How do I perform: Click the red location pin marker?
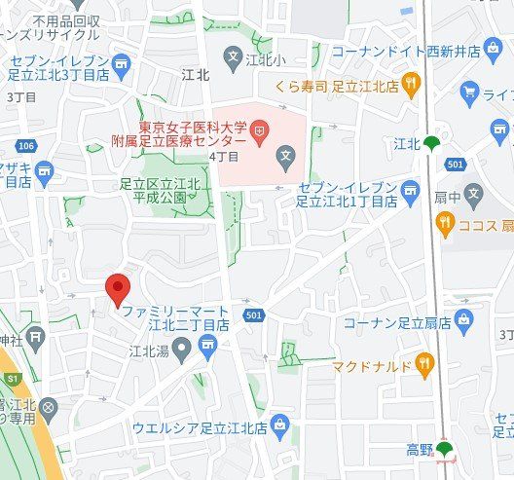[x=118, y=289]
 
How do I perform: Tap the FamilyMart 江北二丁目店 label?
[x=175, y=316]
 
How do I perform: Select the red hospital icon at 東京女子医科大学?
[x=260, y=129]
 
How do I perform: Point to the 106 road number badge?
[x=26, y=146]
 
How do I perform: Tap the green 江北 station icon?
[x=431, y=144]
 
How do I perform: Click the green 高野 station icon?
[x=444, y=449]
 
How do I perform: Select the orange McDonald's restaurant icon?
[x=424, y=365]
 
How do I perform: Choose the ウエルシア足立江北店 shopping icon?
[x=281, y=425]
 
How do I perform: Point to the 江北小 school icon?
[x=232, y=58]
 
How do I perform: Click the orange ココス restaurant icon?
[x=445, y=226]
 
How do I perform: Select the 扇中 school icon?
[x=473, y=192]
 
